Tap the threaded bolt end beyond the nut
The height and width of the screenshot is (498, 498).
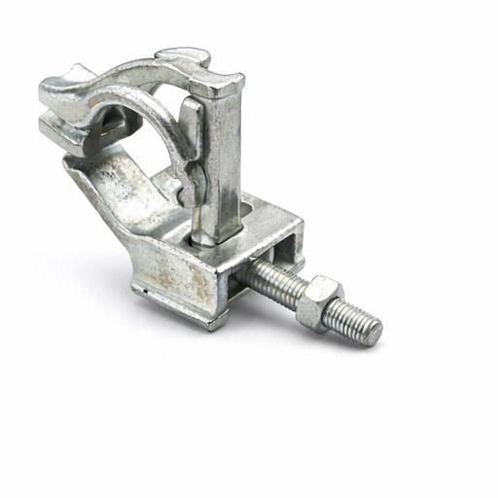[355, 319]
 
